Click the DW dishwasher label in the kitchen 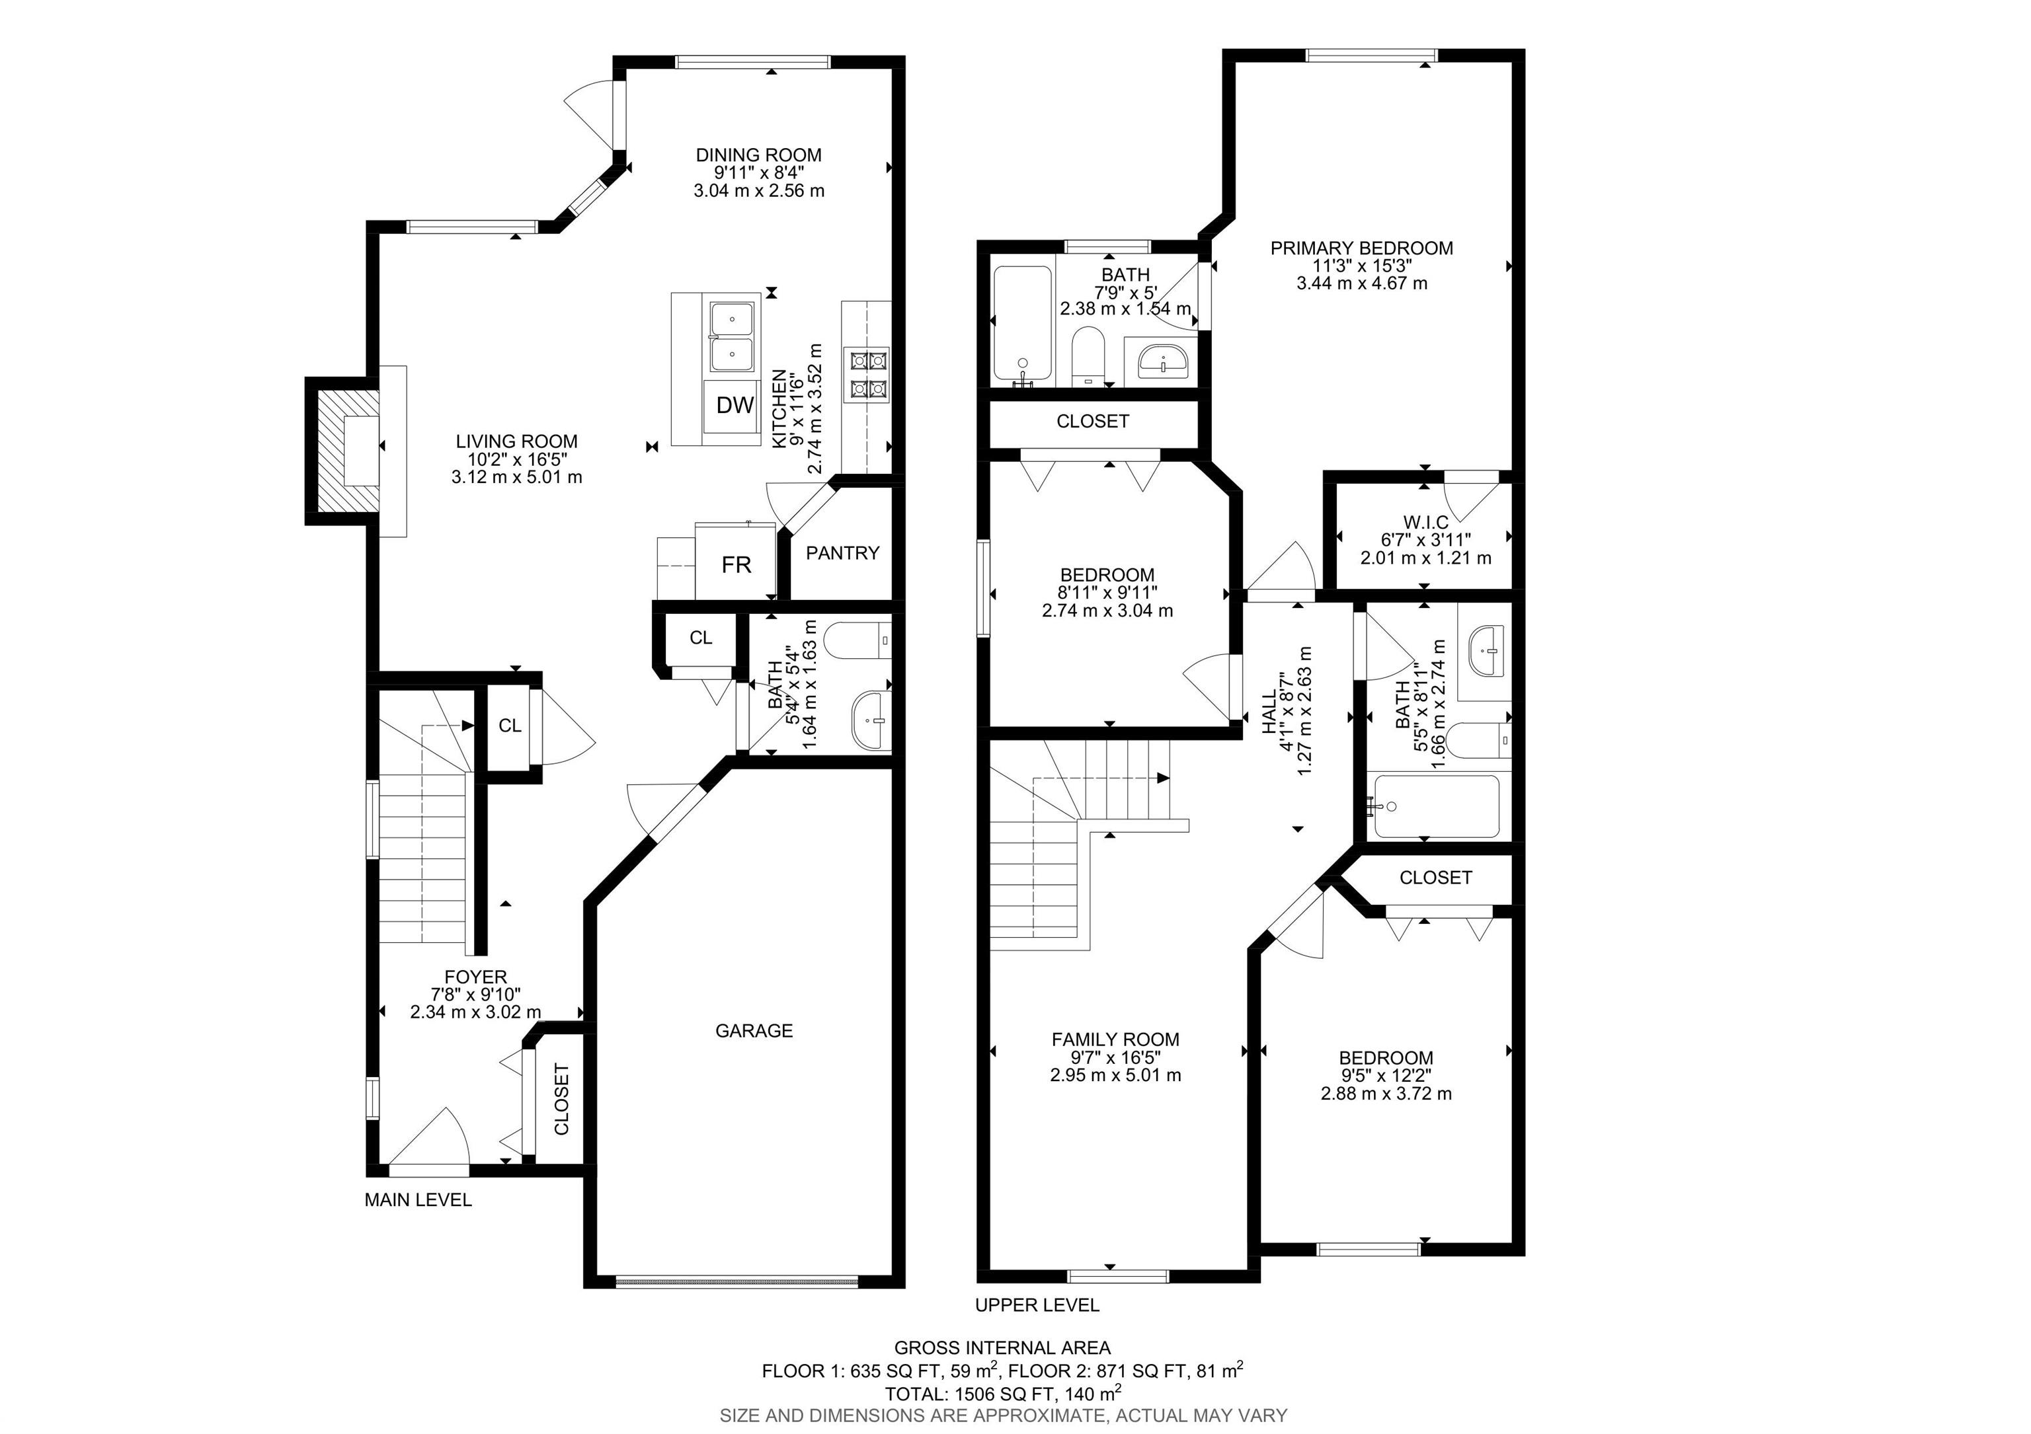735,405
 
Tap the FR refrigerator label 736,565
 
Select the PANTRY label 842,553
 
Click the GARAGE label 754,1031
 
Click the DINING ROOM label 758,155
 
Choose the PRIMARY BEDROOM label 1361,248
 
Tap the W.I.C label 1425,523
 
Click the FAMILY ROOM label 1115,1039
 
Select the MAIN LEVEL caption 418,1199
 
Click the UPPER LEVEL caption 1037,1305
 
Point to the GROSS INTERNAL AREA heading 1002,1348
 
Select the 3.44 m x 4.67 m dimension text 1361,283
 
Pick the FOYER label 476,977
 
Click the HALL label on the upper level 1269,712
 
